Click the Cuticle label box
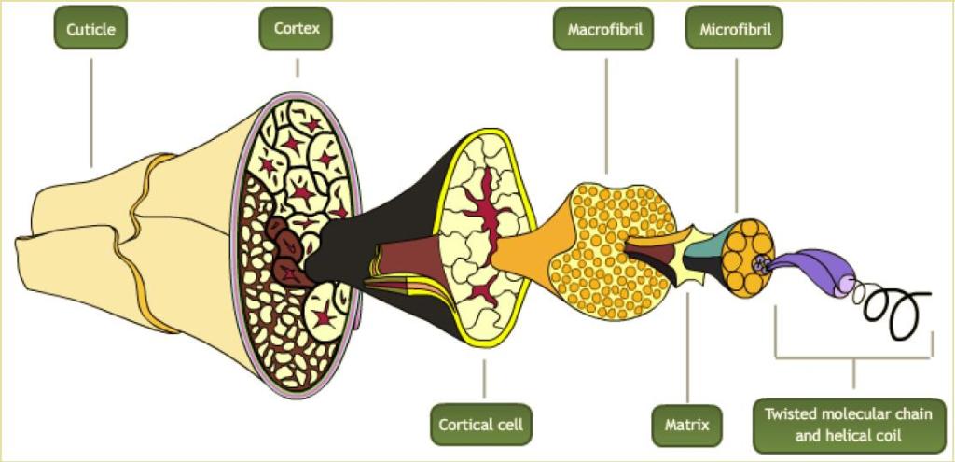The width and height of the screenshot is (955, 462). click(90, 29)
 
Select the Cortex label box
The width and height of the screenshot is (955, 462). click(297, 29)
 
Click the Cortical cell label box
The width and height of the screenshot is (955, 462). click(481, 425)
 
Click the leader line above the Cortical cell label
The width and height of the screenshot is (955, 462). click(484, 378)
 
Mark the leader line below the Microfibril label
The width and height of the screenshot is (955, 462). click(737, 131)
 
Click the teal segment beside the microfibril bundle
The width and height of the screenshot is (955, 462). click(702, 248)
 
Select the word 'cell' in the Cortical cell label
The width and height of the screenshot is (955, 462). click(508, 425)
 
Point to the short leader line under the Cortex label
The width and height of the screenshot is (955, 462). click(298, 67)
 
